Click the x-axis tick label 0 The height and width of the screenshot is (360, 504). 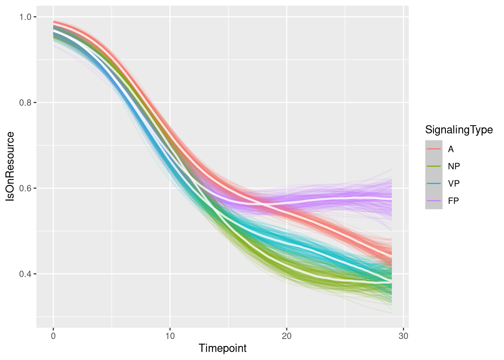click(x=53, y=336)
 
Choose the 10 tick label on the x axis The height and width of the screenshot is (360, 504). click(x=170, y=336)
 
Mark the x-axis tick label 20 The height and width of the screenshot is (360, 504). click(x=286, y=336)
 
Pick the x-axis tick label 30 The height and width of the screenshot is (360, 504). click(x=403, y=336)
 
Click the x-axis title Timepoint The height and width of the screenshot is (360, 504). click(x=222, y=348)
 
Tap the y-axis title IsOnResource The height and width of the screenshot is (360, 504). click(x=11, y=166)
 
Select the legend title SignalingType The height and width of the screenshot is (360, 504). click(x=459, y=130)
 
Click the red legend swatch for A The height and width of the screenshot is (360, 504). click(x=433, y=149)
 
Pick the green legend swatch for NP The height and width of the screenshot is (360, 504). click(x=433, y=166)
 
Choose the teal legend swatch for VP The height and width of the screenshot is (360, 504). click(x=433, y=183)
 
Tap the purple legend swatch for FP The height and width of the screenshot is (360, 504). click(x=433, y=201)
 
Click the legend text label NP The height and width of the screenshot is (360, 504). click(x=454, y=166)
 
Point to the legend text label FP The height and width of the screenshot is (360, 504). click(x=453, y=201)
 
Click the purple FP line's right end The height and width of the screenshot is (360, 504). click(x=391, y=199)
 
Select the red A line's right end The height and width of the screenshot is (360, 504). click(x=391, y=256)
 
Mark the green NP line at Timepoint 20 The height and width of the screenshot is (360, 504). click(x=286, y=266)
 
